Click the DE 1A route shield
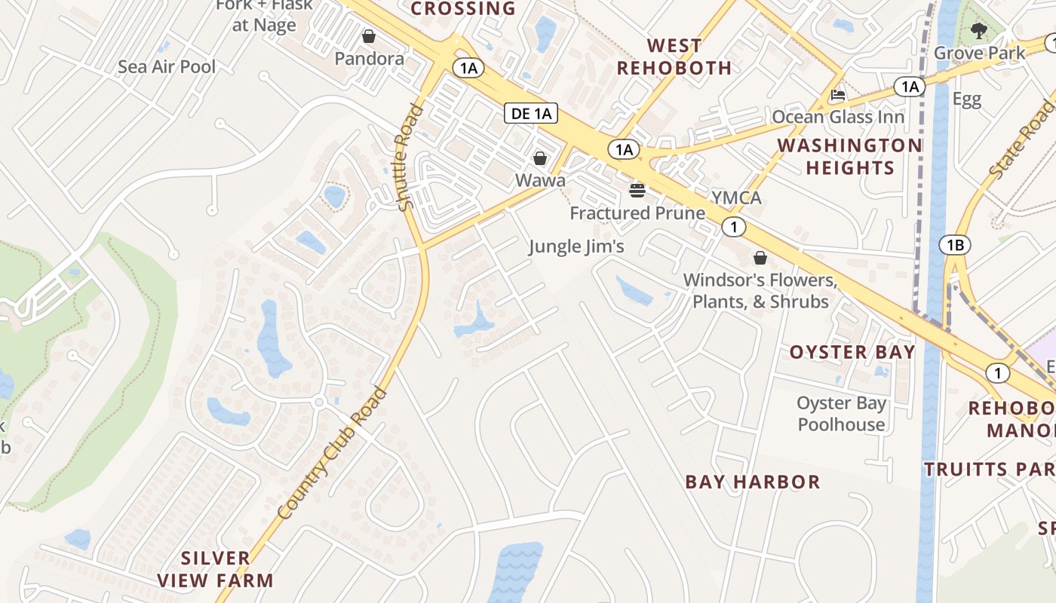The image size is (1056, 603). (x=531, y=114)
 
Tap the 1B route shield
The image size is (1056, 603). (x=954, y=245)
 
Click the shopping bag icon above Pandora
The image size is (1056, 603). (x=369, y=36)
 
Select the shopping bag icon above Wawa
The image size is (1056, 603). (x=540, y=158)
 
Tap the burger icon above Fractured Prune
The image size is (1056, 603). (x=637, y=190)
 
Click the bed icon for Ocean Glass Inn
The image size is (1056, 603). (x=837, y=95)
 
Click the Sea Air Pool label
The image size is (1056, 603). (x=167, y=66)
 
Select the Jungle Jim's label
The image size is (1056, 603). (x=576, y=246)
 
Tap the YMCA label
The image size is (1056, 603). (x=736, y=198)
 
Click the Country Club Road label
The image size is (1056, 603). (x=332, y=454)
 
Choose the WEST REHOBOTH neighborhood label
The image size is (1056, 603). (x=674, y=57)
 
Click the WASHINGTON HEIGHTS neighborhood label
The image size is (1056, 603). (x=849, y=156)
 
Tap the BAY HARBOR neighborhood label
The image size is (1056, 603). (x=752, y=482)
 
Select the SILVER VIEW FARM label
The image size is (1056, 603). (x=216, y=569)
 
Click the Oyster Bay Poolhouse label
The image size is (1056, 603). (x=841, y=414)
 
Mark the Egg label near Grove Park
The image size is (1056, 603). (x=966, y=99)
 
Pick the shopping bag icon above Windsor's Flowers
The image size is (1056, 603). (x=760, y=259)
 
